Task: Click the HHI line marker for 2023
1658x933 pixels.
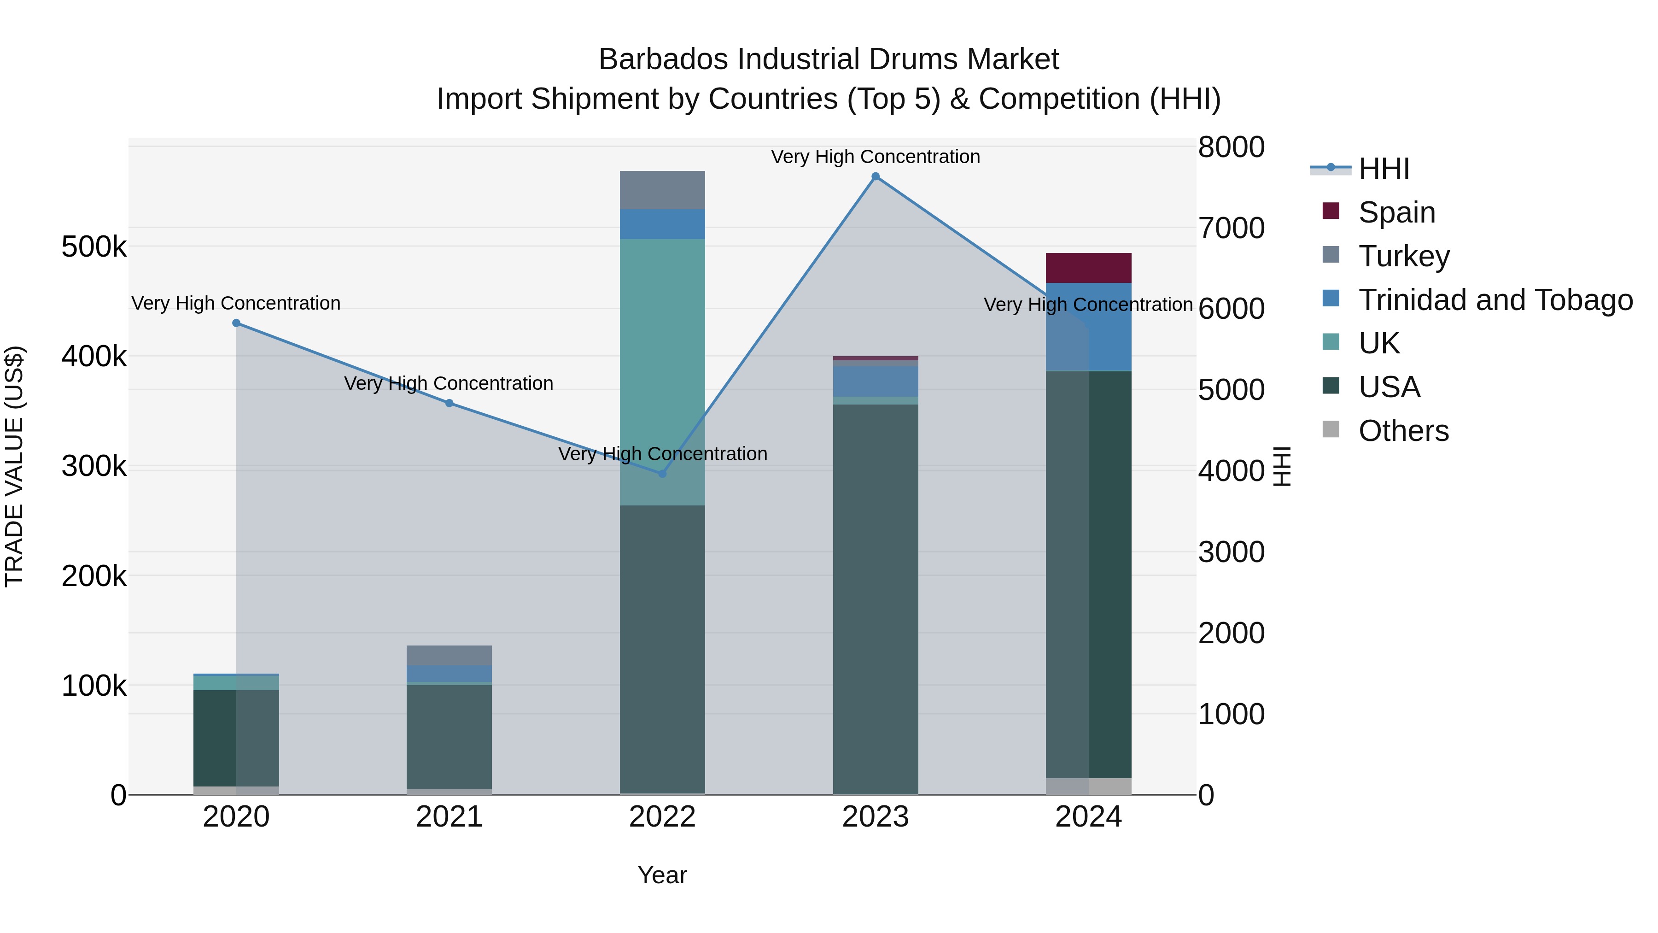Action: (876, 176)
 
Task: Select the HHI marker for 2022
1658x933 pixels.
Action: (662, 473)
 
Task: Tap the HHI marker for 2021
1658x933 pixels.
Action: (449, 403)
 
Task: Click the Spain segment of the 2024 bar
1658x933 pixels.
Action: (1088, 268)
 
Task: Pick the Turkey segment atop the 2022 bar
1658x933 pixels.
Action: (662, 190)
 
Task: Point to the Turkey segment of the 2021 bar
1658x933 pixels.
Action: (449, 655)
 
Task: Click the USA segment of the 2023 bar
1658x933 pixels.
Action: (876, 599)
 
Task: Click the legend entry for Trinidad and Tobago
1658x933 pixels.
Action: (1495, 300)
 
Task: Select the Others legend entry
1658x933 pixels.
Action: (1403, 431)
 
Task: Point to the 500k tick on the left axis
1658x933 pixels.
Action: (94, 246)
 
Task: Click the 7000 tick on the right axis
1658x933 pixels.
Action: (1231, 228)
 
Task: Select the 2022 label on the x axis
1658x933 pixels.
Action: (662, 817)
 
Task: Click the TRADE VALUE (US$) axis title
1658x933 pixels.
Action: (14, 466)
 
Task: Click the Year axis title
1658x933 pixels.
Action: (662, 875)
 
